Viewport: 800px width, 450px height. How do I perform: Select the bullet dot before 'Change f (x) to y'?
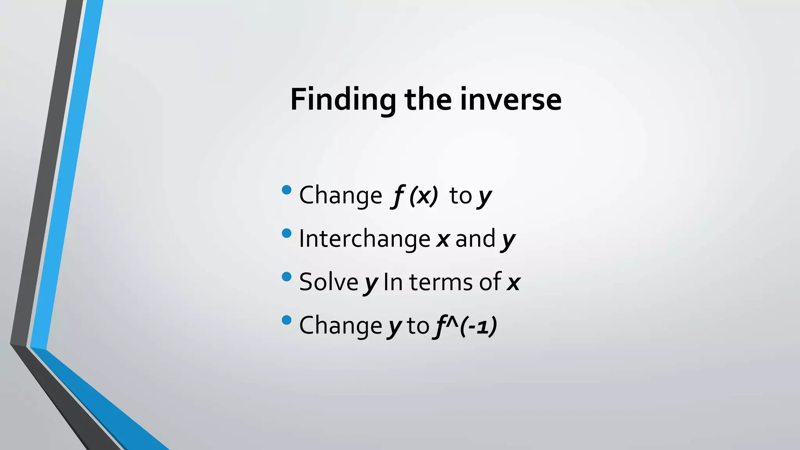point(286,190)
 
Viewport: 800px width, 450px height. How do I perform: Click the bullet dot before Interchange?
point(286,234)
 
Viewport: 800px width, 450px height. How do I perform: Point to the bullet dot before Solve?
point(286,277)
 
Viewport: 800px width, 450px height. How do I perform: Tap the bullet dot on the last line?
point(286,320)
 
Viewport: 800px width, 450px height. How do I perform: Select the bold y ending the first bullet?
point(484,196)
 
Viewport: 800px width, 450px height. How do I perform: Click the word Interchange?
point(364,239)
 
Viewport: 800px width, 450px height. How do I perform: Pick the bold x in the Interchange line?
point(443,239)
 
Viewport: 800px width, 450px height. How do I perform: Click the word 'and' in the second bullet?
point(475,239)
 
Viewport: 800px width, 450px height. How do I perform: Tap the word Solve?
point(329,282)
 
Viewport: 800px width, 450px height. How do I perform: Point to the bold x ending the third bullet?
point(513,282)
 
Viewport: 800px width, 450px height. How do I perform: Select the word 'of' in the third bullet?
point(490,282)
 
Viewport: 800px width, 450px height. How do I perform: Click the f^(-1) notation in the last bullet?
point(465,326)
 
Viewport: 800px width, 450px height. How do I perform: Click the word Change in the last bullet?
point(340,326)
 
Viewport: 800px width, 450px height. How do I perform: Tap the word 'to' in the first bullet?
point(461,196)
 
